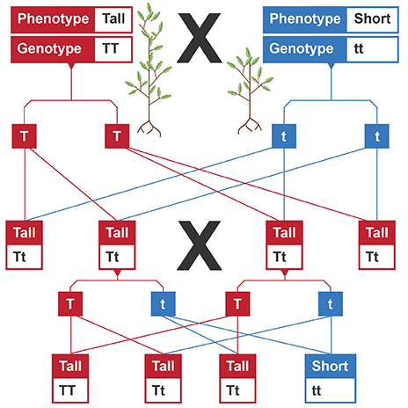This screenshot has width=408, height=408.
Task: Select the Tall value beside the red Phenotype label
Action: (x=113, y=18)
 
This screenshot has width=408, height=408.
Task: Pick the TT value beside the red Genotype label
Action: (x=113, y=47)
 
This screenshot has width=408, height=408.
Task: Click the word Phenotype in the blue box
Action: (x=303, y=18)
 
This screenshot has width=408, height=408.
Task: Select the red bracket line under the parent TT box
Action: (x=70, y=97)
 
